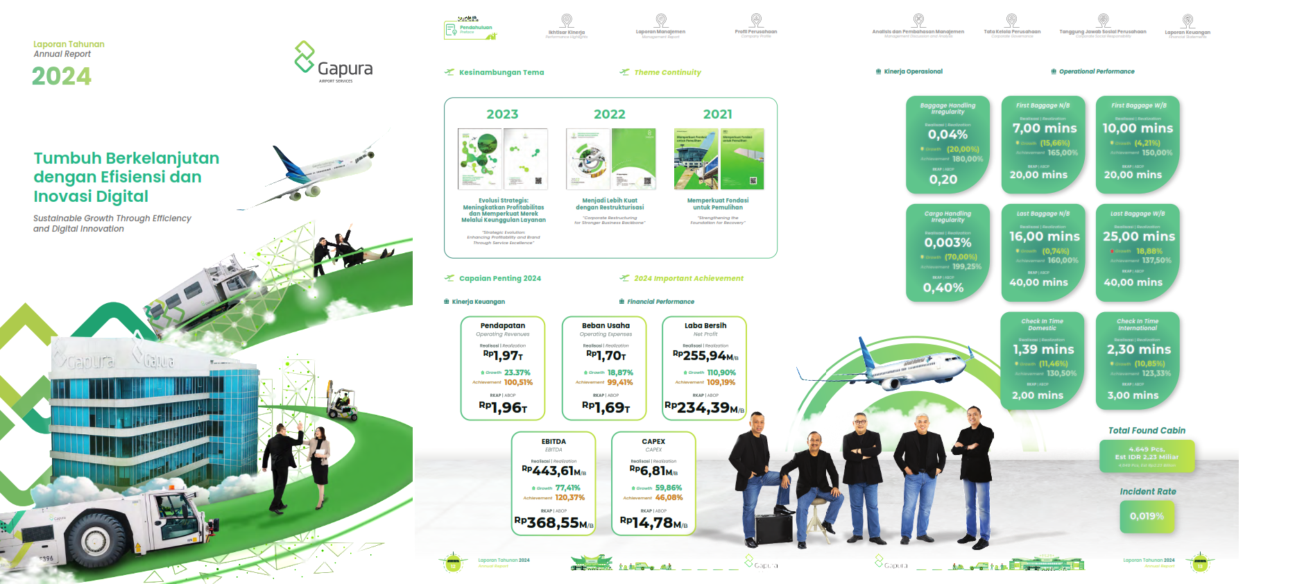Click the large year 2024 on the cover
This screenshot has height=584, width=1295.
[x=62, y=76]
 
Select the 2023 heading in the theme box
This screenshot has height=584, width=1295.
[x=502, y=114]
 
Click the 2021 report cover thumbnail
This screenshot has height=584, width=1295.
[x=719, y=159]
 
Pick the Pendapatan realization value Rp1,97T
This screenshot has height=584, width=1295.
[x=503, y=356]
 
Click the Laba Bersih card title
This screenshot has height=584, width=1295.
[x=705, y=325]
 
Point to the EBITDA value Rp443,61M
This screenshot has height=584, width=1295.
[x=554, y=472]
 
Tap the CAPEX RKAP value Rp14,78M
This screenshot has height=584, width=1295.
[x=653, y=523]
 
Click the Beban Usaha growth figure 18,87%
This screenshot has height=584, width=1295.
[x=620, y=372]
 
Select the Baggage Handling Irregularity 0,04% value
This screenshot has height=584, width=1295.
[x=947, y=135]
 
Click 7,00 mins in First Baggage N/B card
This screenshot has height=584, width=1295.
[x=1044, y=128]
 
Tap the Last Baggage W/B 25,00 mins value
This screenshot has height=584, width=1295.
[x=1138, y=237]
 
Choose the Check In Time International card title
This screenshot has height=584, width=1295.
[x=1138, y=325]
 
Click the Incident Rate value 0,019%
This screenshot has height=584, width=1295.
[x=1147, y=516]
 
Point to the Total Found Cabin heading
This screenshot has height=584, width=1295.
[x=1147, y=431]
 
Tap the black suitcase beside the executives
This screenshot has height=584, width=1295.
[x=773, y=529]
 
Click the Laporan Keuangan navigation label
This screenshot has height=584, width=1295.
[x=1187, y=32]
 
